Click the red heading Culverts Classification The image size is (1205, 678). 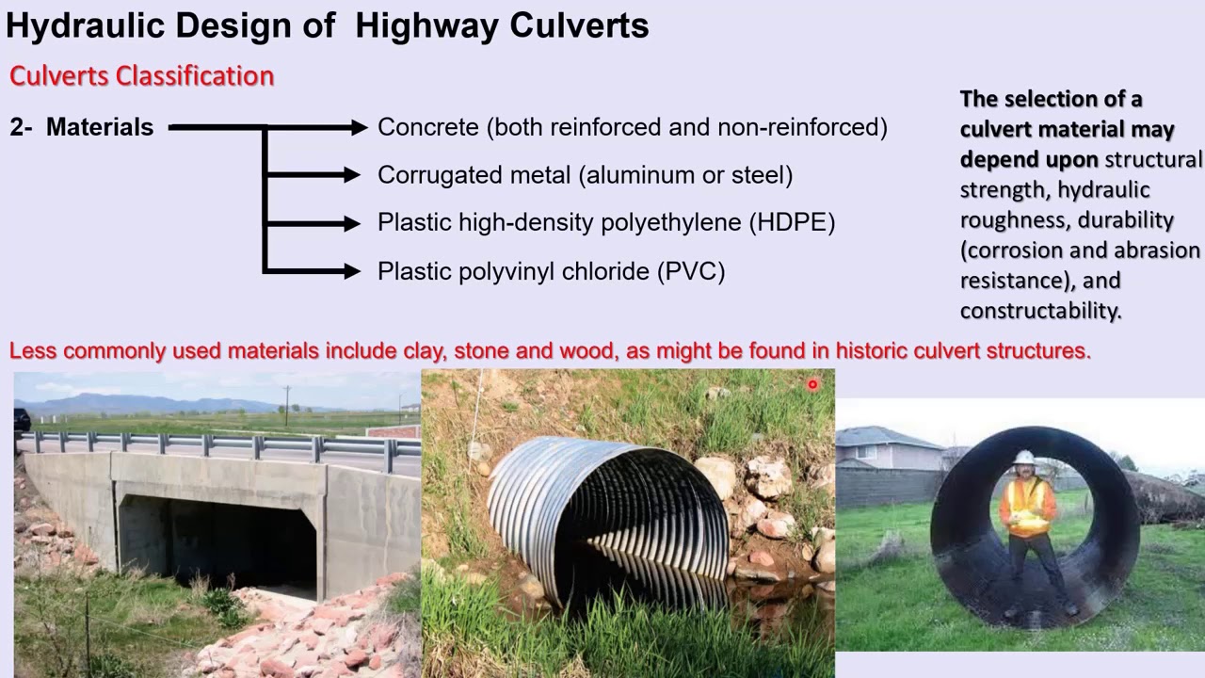pyautogui.click(x=141, y=76)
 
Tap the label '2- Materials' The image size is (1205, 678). pyautogui.click(x=82, y=127)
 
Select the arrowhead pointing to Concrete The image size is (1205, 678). pyautogui.click(x=358, y=127)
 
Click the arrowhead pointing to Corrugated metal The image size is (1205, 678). pyautogui.click(x=352, y=175)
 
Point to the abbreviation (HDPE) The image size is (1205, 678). pyautogui.click(x=792, y=223)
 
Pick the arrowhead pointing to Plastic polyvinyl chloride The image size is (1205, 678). pyautogui.click(x=352, y=272)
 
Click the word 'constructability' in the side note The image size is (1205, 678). pyautogui.click(x=1039, y=311)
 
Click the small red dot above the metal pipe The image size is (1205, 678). pyautogui.click(x=812, y=384)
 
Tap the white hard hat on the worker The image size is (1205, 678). pyautogui.click(x=1024, y=458)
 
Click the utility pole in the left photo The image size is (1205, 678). pyautogui.click(x=287, y=405)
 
